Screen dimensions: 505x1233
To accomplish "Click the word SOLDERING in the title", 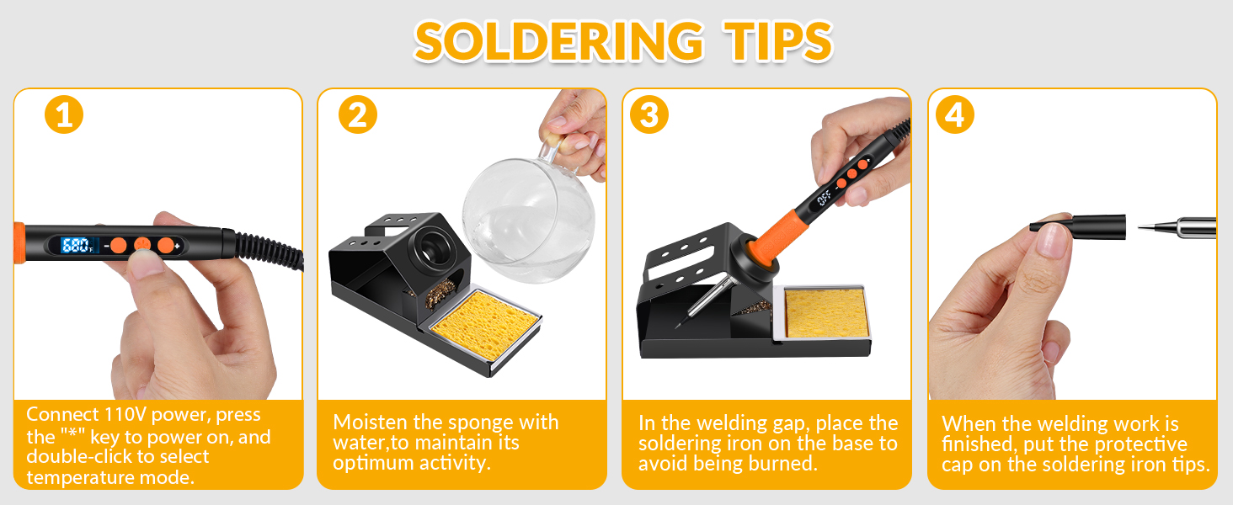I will point(558,40).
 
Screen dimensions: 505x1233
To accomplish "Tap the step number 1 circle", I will point(64,114).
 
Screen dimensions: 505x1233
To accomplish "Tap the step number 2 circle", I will point(358,114).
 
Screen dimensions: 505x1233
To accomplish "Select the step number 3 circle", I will point(649,114).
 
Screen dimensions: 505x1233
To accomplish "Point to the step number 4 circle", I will point(954,114).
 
